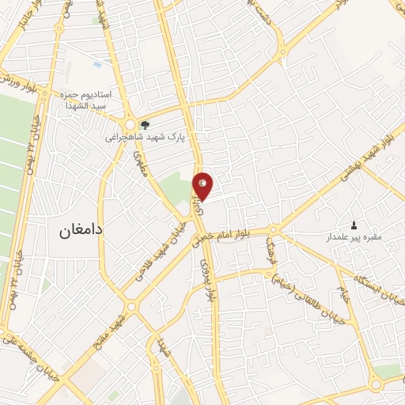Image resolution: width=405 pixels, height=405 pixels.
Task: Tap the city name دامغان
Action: (83, 233)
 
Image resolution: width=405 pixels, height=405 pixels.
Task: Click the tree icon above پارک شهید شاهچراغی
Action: (144, 124)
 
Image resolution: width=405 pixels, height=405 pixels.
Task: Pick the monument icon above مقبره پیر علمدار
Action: (353, 225)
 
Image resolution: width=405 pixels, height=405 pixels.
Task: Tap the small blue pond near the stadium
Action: (97, 62)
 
